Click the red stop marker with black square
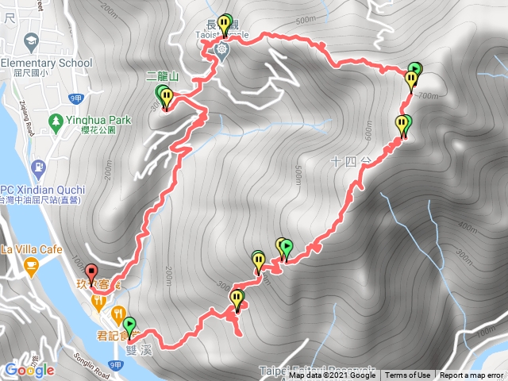point(90,273)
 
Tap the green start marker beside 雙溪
point(129,325)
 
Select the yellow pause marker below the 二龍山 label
point(167,98)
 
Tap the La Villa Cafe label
point(32,249)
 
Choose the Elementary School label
point(47,63)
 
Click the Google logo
point(29,370)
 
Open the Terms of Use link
point(408,375)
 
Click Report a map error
point(473,375)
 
